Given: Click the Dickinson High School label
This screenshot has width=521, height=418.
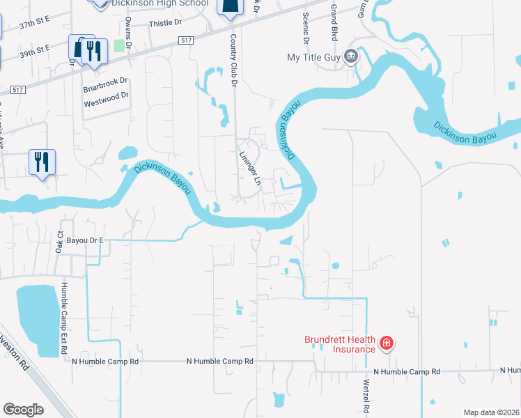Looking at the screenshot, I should pyautogui.click(x=160, y=3).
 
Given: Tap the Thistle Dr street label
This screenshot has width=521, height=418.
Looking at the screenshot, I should pyautogui.click(x=165, y=23).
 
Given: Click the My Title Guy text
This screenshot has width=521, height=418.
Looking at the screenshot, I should pyautogui.click(x=313, y=58).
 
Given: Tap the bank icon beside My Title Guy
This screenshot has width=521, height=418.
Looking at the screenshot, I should pyautogui.click(x=351, y=57).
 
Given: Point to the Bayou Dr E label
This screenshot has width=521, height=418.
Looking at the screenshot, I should pyautogui.click(x=81, y=240).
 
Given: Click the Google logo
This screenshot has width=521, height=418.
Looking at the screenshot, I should pyautogui.click(x=23, y=409).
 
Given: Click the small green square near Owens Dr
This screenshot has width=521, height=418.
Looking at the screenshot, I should pyautogui.click(x=118, y=46).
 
